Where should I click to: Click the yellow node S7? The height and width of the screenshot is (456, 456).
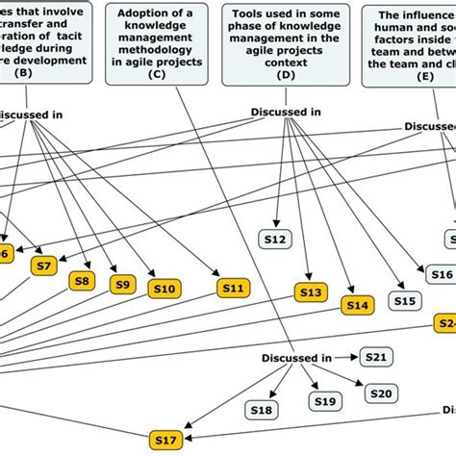pos(42,266)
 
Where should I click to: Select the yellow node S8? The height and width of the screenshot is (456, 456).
pos(84,281)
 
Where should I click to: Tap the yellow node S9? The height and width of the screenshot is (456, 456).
pos(122,284)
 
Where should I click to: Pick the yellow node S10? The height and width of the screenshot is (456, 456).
pos(164,288)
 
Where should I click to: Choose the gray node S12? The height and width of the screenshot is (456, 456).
pos(275,240)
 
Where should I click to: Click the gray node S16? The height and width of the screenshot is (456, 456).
pos(441,274)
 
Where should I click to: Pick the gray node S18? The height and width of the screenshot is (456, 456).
pos(262,410)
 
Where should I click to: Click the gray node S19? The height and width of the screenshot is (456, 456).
pos(324,401)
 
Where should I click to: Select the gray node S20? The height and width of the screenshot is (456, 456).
pos(382,393)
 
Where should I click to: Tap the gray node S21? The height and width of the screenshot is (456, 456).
pos(378,357)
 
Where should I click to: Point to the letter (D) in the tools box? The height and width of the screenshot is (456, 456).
pos(285,73)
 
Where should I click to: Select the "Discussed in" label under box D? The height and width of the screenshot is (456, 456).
pos(286,112)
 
